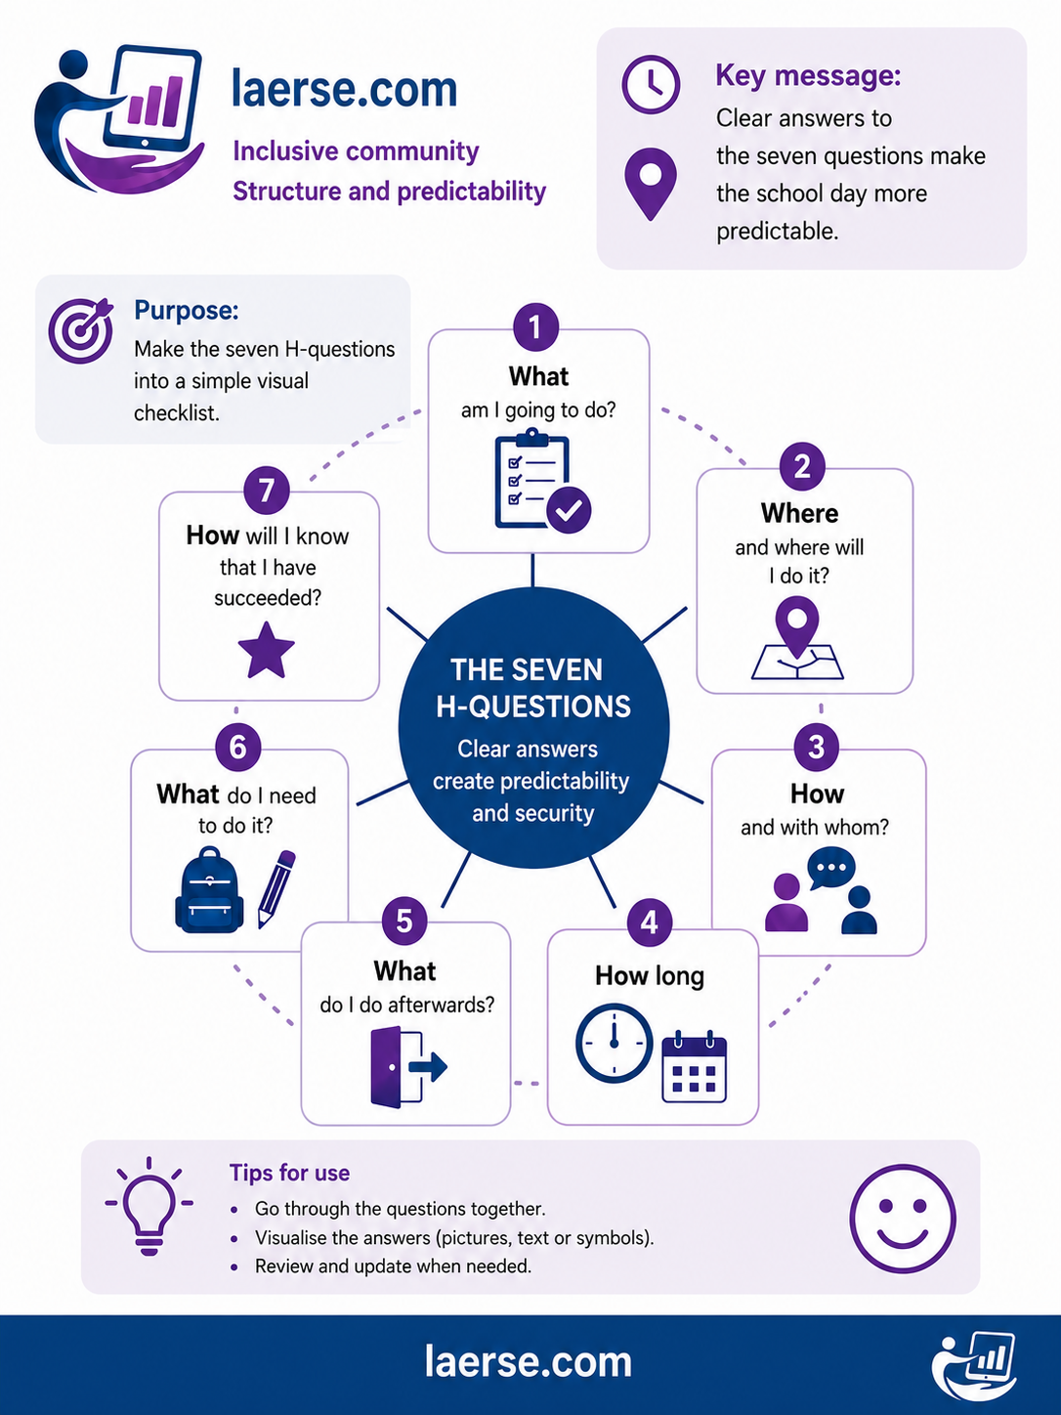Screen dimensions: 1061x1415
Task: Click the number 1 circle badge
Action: (535, 326)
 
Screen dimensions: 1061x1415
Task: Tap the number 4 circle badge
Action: (650, 922)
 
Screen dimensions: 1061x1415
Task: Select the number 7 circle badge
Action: (267, 491)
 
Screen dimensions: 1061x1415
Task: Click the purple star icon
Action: (266, 651)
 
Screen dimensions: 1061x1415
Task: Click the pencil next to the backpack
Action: (276, 889)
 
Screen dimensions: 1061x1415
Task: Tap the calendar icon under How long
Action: (695, 1067)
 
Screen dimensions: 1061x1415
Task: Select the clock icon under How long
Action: (614, 1043)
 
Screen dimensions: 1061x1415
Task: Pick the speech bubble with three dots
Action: (831, 868)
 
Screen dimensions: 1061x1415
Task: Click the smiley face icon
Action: (903, 1218)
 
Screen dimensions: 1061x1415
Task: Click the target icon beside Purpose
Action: (81, 330)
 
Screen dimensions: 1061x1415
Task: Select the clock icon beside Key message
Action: (651, 85)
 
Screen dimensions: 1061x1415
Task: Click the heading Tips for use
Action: (289, 1173)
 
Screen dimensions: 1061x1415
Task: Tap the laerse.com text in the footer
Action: (529, 1361)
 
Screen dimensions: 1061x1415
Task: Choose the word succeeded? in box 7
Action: (268, 599)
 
